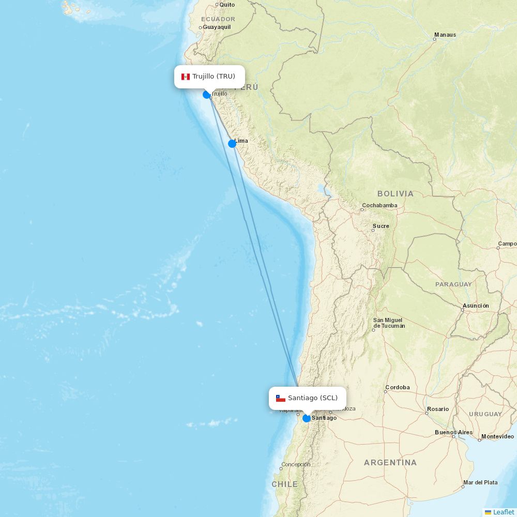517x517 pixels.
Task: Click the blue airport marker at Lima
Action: click(x=232, y=144)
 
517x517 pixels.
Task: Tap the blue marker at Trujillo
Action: click(x=207, y=95)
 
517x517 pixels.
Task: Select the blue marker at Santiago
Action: click(x=307, y=418)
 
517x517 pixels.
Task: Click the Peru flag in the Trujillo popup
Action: click(x=186, y=77)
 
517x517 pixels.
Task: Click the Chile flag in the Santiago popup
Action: click(x=281, y=399)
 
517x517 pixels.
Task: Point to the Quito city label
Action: click(x=227, y=5)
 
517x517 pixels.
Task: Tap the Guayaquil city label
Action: click(x=217, y=27)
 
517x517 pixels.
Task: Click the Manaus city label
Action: click(x=445, y=35)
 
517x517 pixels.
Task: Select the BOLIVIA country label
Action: click(x=396, y=194)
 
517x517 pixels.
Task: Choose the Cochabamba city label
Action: click(x=379, y=205)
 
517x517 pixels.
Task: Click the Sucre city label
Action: click(x=381, y=226)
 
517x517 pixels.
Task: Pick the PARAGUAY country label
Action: click(x=453, y=284)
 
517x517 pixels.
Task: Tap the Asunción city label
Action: click(x=476, y=306)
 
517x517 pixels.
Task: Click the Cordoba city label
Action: click(x=397, y=387)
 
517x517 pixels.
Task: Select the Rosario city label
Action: click(x=438, y=409)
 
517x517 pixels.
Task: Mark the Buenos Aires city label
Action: click(x=453, y=432)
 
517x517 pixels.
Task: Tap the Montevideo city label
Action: click(x=497, y=436)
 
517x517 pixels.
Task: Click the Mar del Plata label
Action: click(x=480, y=482)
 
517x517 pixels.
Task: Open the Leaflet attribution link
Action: click(x=503, y=512)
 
